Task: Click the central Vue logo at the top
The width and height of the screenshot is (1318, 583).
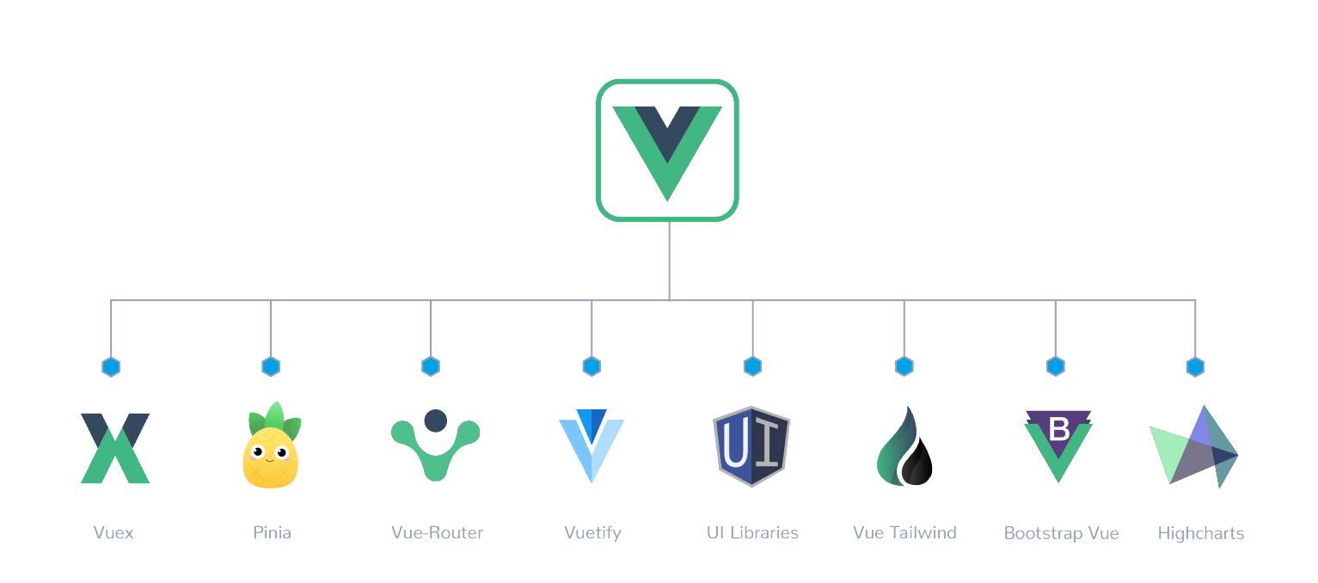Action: [667, 150]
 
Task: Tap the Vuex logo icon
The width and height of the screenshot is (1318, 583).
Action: [115, 448]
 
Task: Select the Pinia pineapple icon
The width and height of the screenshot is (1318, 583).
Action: [271, 446]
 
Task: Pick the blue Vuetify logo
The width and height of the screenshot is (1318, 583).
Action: [592, 445]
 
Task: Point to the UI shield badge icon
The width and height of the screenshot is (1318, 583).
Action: [751, 446]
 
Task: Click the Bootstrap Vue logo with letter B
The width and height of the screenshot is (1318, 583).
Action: [1057, 445]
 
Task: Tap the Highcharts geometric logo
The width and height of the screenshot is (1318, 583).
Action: [1195, 446]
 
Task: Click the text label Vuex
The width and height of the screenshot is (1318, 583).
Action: [113, 533]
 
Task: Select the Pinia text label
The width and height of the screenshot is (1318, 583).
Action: [272, 533]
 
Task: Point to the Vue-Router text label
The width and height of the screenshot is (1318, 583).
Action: [437, 533]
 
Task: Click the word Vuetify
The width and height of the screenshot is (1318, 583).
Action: [592, 533]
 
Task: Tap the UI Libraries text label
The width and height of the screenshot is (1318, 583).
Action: [752, 533]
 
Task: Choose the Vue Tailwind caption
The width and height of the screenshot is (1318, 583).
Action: [904, 533]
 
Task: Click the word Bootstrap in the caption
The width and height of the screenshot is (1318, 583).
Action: [1044, 533]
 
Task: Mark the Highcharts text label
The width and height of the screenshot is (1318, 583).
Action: [1200, 533]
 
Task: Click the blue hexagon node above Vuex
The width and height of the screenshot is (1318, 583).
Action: [111, 367]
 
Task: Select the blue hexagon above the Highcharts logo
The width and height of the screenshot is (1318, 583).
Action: [1195, 367]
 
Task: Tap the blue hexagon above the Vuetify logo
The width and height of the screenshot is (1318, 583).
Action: [592, 367]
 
